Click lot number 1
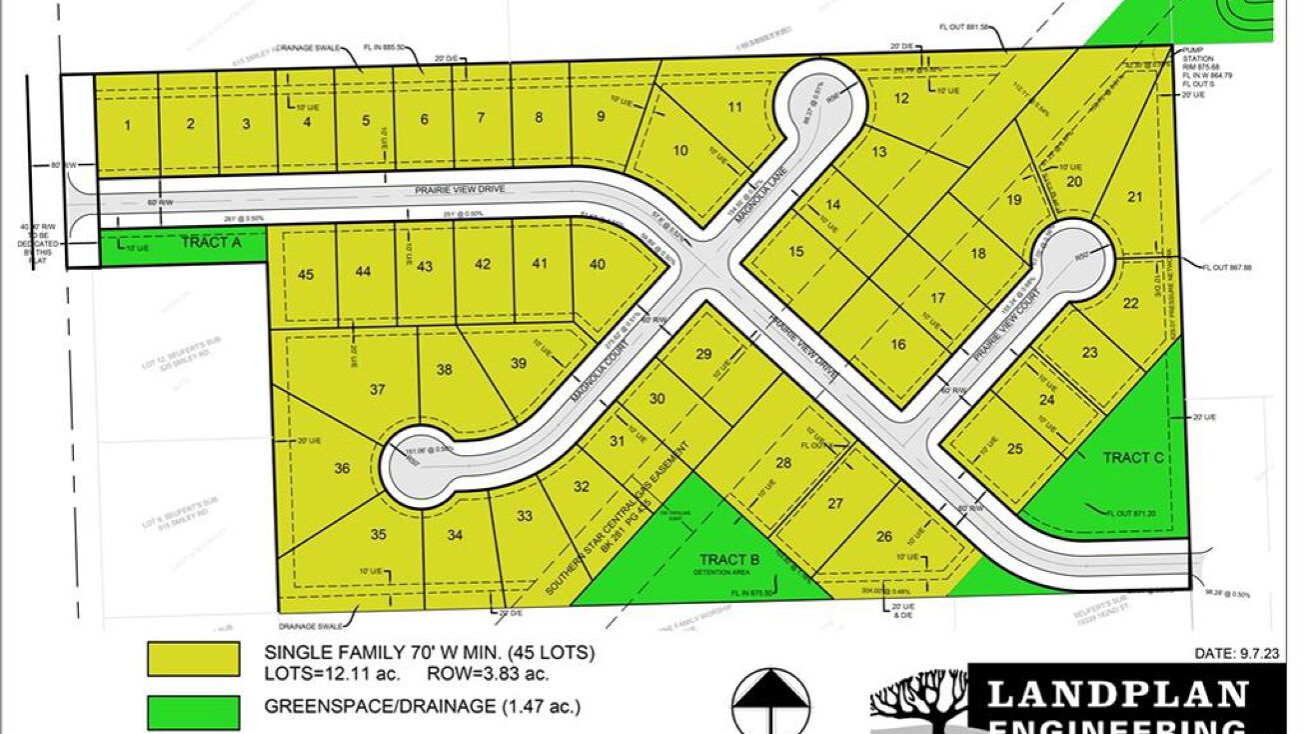pos(127,125)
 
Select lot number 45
pos(306,273)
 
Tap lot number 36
pos(342,468)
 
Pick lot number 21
pos(1134,197)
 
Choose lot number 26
pos(884,536)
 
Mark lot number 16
pos(897,345)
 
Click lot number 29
pos(703,354)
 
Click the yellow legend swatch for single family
pos(193,659)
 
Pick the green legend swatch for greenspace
pos(193,711)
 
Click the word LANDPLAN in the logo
pos(1118,693)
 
